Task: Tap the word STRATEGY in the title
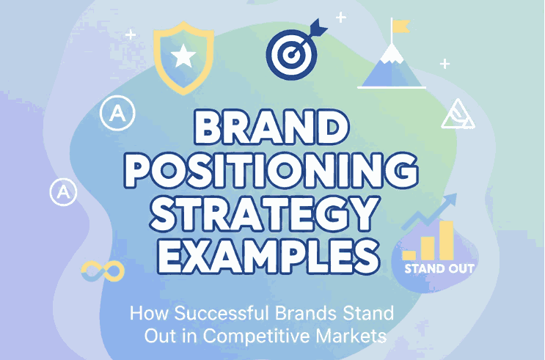point(273,215)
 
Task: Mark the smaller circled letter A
point(64,192)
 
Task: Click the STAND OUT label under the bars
point(439,268)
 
